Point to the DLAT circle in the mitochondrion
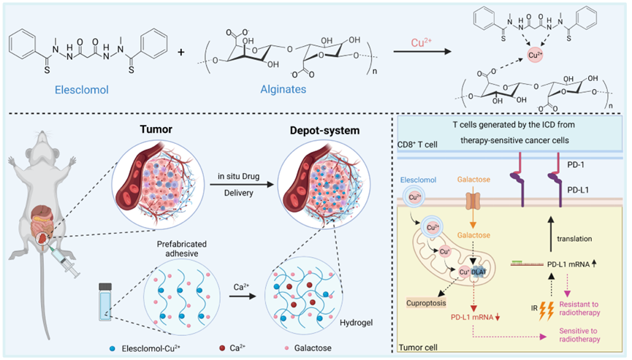(481, 270)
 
